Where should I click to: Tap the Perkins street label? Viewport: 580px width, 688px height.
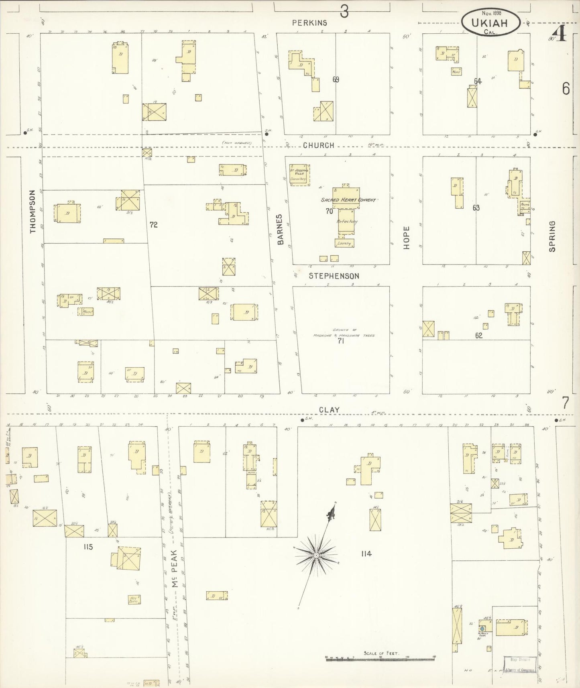pyautogui.click(x=309, y=23)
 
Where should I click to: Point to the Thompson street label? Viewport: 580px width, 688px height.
pyautogui.click(x=33, y=211)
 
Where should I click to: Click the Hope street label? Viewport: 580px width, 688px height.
pyautogui.click(x=407, y=238)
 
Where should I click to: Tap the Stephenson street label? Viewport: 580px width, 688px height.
pyautogui.click(x=334, y=276)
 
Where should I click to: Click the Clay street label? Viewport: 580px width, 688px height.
pyautogui.click(x=329, y=410)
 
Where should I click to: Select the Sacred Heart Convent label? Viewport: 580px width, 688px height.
pyautogui.click(x=348, y=199)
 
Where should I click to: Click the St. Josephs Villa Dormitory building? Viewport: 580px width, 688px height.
pyautogui.click(x=299, y=175)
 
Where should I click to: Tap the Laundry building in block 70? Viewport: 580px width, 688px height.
pyautogui.click(x=344, y=243)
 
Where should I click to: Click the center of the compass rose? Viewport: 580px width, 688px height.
pyautogui.click(x=316, y=555)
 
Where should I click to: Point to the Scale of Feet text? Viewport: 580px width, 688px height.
pyautogui.click(x=381, y=653)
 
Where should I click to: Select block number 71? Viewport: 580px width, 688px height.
pyautogui.click(x=341, y=341)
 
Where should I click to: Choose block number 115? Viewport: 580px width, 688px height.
pyautogui.click(x=88, y=547)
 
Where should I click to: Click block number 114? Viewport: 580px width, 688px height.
pyautogui.click(x=366, y=554)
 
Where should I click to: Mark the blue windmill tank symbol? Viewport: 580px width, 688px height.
pyautogui.click(x=483, y=628)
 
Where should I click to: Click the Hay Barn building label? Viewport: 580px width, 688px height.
pyautogui.click(x=134, y=600)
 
